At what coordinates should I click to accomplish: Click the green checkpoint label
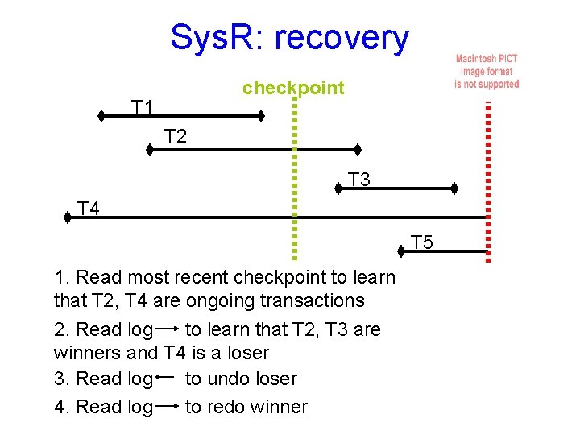tap(293, 87)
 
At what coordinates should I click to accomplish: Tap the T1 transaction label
tap(144, 106)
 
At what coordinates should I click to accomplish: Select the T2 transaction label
tap(176, 136)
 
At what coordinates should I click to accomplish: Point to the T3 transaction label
tap(358, 180)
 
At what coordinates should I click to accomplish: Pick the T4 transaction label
tap(89, 209)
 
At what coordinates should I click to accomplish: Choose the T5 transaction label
tap(422, 242)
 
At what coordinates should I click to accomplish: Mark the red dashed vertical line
tap(487, 177)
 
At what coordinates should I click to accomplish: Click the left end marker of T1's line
tap(101, 116)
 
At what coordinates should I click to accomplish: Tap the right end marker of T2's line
tap(358, 149)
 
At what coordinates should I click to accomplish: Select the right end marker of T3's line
tap(454, 188)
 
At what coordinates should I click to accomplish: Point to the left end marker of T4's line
tap(68, 217)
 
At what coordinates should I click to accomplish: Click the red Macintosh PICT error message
tap(487, 71)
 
